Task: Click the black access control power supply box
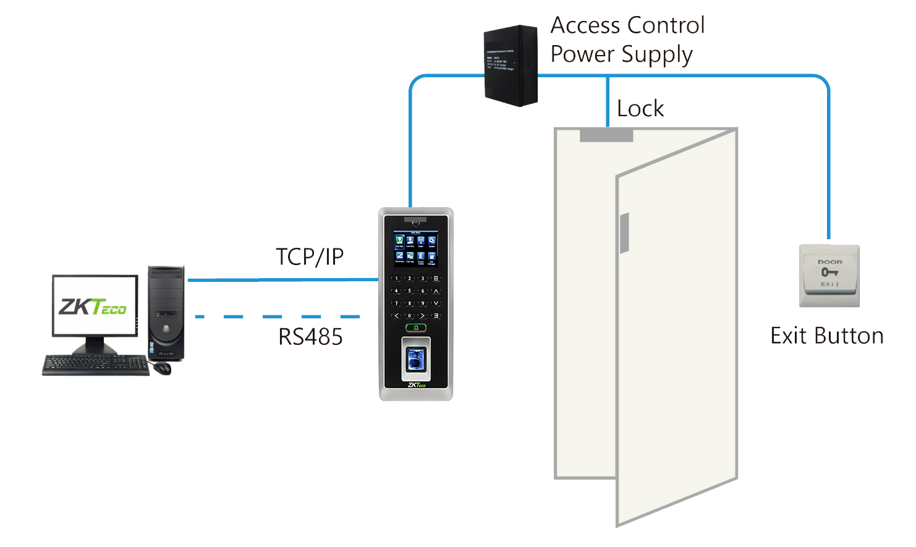(x=510, y=66)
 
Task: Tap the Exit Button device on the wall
(x=829, y=275)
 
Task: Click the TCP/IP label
(x=310, y=257)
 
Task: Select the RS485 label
(x=310, y=337)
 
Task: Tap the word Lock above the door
(x=640, y=109)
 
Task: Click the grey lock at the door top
(x=606, y=135)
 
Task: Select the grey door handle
(x=624, y=233)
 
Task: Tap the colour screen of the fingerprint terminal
(x=415, y=248)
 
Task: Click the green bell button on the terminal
(x=416, y=328)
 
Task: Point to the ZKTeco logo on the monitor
(x=93, y=307)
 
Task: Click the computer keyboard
(x=96, y=365)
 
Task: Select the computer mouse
(x=162, y=368)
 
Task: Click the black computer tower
(x=166, y=313)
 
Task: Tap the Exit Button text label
(x=826, y=336)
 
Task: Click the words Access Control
(x=627, y=25)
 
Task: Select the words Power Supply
(x=621, y=54)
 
